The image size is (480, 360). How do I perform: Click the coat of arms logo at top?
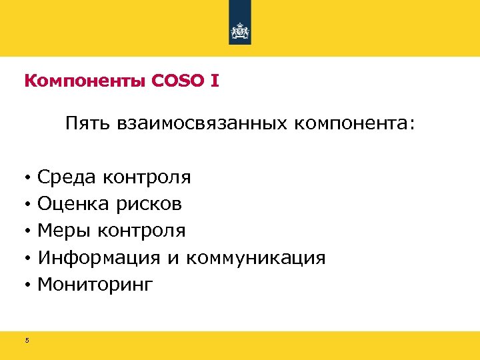point(240,31)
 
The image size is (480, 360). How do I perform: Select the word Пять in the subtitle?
point(87,124)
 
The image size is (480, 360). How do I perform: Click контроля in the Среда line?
point(147,177)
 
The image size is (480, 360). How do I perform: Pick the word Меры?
point(65,231)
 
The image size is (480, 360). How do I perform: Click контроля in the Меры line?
point(141,231)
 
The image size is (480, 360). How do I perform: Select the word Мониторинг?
point(95,285)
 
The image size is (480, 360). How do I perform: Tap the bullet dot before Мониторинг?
point(27,286)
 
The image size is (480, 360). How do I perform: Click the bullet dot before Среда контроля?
point(27,178)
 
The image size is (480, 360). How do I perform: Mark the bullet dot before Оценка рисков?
point(27,205)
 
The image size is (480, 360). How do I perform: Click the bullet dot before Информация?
point(27,259)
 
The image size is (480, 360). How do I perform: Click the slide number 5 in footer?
point(27,341)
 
